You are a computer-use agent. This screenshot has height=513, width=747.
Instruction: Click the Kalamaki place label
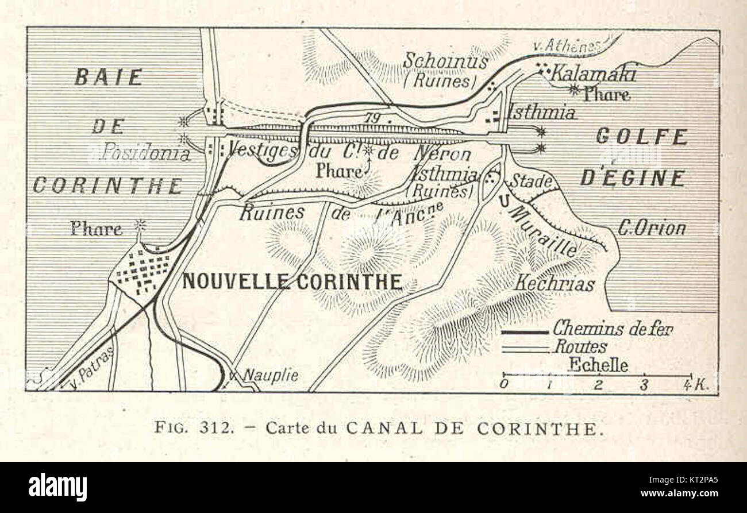point(593,74)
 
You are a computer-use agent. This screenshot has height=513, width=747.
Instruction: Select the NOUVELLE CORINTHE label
point(292,281)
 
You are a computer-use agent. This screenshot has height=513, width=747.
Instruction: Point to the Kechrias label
point(554,283)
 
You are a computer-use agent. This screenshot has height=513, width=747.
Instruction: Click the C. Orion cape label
point(652,229)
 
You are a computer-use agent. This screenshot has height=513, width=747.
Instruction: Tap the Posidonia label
point(145,153)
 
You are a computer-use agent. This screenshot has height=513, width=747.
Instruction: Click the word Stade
point(532,180)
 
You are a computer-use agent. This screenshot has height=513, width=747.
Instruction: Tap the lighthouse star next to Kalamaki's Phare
point(573,88)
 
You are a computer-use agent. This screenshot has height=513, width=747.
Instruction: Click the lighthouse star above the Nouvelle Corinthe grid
point(139,224)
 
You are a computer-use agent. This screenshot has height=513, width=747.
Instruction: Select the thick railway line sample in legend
point(525,332)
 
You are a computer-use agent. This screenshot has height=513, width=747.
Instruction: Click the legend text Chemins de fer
point(613,329)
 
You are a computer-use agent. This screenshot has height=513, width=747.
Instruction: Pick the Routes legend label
point(580,347)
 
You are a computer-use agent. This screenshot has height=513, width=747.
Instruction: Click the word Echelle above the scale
point(598,365)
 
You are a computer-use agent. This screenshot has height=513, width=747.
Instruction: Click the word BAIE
point(108,77)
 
